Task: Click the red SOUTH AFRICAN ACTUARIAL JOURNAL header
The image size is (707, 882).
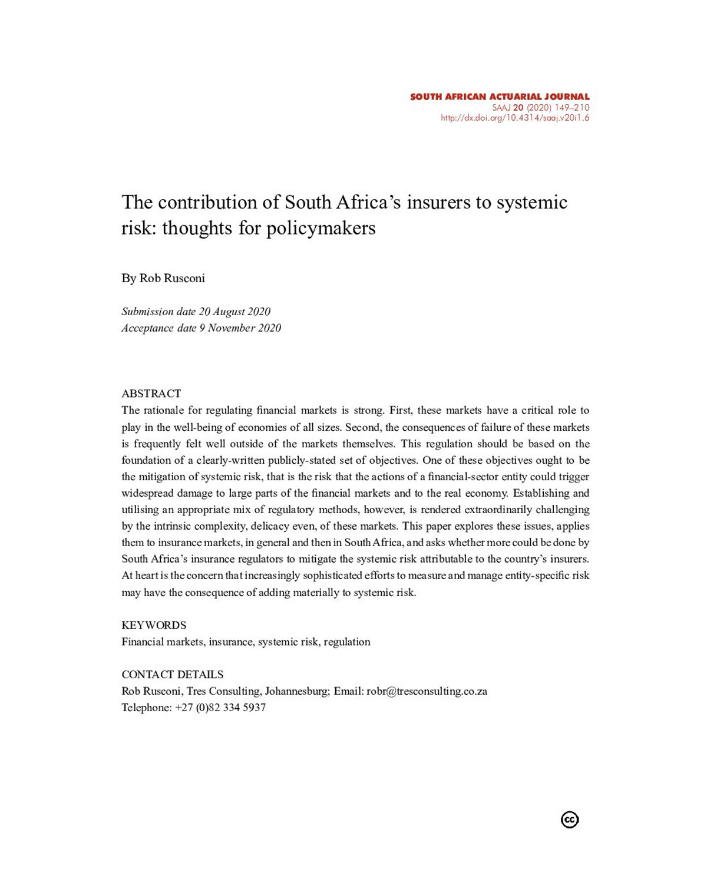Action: coord(500,97)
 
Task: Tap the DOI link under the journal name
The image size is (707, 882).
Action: coord(515,118)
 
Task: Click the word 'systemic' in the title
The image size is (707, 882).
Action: coord(532,202)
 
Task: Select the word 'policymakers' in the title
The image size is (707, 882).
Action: coord(321,228)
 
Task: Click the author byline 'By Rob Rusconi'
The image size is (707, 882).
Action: coord(163,278)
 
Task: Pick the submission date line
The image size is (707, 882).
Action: coord(196,312)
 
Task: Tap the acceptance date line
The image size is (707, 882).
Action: coord(201,328)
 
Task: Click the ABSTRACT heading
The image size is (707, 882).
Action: coord(151,394)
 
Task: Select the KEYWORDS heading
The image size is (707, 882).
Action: coord(154,625)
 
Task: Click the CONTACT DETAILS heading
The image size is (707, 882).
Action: coord(173,675)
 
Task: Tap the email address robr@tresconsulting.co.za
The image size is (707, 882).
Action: coord(427,691)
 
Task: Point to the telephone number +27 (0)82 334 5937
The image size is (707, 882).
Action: coord(220,708)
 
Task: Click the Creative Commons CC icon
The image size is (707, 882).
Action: coord(570,820)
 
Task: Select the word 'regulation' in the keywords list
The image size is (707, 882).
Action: coord(347,642)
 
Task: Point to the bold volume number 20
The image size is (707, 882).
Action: coord(518,108)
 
